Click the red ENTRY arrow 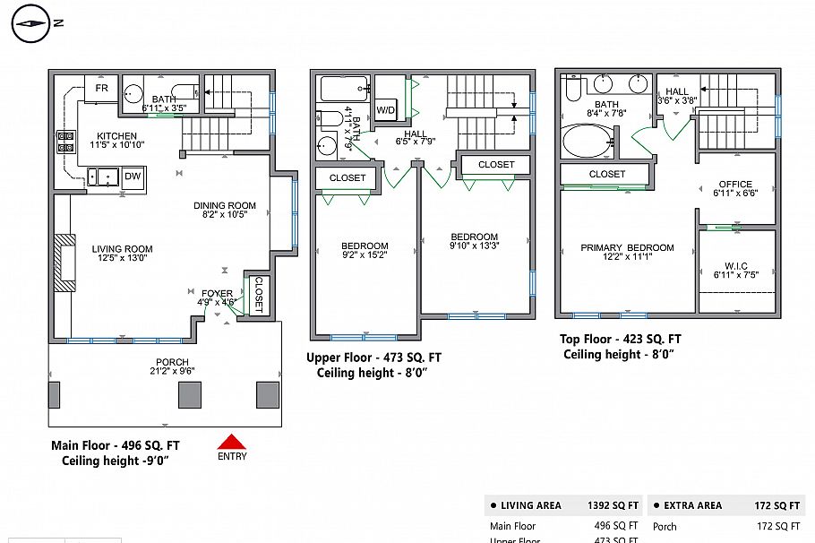tap(232, 441)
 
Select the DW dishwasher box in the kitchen tap(133, 177)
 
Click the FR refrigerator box tap(101, 89)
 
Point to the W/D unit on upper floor tap(386, 110)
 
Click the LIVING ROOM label tap(122, 249)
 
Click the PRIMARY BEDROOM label tap(627, 248)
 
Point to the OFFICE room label tap(735, 184)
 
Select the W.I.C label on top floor tap(735, 266)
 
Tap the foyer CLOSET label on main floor tap(257, 293)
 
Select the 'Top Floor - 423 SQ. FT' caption tap(620, 339)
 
